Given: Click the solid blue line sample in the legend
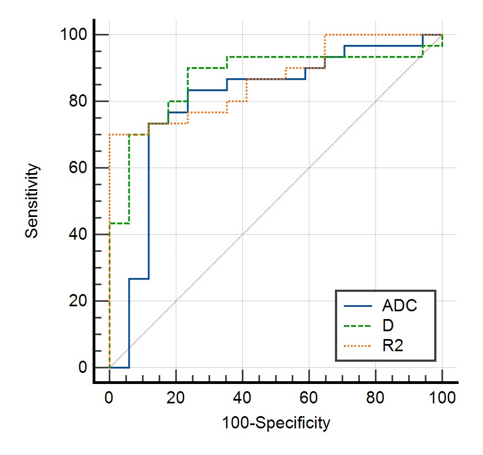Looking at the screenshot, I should (x=358, y=305).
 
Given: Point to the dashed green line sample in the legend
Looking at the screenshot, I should (x=358, y=326).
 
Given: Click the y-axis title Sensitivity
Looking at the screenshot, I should (x=32, y=200).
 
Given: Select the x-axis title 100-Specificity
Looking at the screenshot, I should (x=276, y=423).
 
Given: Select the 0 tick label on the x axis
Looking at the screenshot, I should (x=110, y=397).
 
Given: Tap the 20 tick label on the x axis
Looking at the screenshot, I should (x=176, y=397).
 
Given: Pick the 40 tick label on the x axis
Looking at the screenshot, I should (x=243, y=397).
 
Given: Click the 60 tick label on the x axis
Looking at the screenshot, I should (x=309, y=397).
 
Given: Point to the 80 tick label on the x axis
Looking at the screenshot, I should (x=376, y=397).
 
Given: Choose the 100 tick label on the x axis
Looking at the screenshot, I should (x=443, y=397).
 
